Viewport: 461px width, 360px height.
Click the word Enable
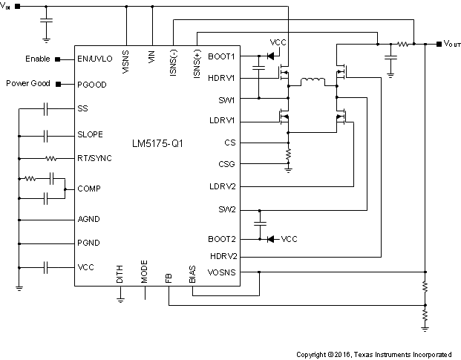(38, 59)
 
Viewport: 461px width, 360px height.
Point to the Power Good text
(28, 83)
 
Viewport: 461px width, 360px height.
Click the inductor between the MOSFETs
(312, 82)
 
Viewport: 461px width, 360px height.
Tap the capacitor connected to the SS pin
(45, 108)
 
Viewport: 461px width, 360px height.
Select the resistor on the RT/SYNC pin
(51, 158)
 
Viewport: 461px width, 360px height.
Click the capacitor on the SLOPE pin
(45, 135)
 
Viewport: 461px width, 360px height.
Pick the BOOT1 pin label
(222, 56)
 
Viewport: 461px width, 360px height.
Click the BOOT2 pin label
(222, 239)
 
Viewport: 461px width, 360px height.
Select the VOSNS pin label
(221, 272)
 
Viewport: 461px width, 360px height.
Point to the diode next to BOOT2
(270, 239)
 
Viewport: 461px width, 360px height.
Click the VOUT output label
(452, 45)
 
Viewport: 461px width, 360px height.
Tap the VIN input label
(7, 7)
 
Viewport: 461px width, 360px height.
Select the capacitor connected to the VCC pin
(45, 266)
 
